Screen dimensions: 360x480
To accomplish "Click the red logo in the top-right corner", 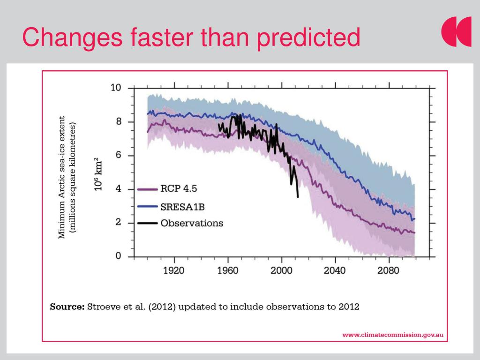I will coord(456,32).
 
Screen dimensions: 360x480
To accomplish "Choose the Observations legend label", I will coord(192,223).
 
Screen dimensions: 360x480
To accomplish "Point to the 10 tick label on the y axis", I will coord(116,88).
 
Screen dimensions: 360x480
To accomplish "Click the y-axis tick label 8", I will coord(118,121).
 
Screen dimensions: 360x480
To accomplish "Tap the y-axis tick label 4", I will coord(118,189).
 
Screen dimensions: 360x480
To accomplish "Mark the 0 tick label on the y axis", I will coord(118,256).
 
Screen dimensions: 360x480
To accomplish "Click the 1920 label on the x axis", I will coord(174,271).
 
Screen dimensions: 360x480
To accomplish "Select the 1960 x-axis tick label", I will coord(228,271).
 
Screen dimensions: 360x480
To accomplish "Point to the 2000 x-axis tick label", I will coord(281,271).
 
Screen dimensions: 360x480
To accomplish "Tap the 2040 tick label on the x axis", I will coord(335,271).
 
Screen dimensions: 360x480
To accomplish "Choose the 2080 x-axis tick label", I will coord(388,271).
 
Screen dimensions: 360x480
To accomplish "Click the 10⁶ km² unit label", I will coord(99,174).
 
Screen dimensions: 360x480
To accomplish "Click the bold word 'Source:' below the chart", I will coord(67,307).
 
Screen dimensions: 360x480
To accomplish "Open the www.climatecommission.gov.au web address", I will coord(393,335).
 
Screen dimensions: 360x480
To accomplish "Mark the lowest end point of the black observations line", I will coord(298,197).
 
